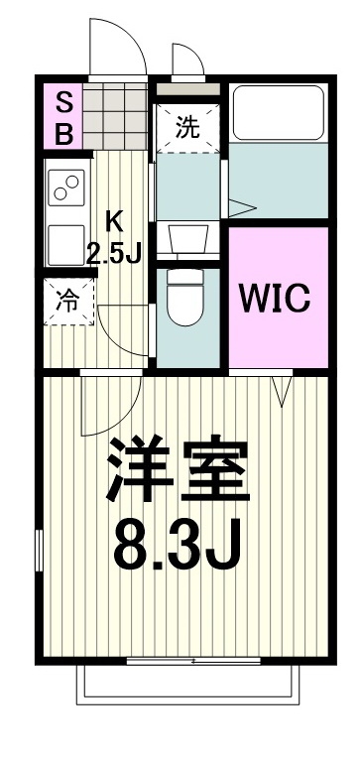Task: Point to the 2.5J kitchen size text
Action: coord(114,252)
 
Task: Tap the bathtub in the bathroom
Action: coord(278,115)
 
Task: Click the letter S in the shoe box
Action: coord(62,102)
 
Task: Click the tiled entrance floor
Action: coord(115,115)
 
